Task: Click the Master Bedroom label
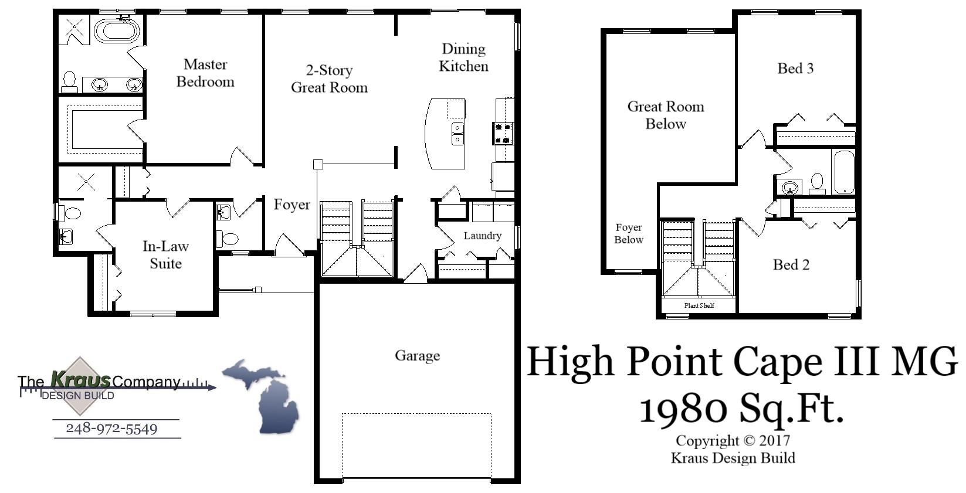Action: (205, 73)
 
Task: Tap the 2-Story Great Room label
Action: (329, 79)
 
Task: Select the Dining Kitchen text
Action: (463, 57)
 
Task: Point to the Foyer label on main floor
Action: (292, 205)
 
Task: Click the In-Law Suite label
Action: (165, 254)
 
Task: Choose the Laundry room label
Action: (482, 236)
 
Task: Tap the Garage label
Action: (417, 355)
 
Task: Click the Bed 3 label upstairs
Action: (795, 69)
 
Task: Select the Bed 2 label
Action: (791, 265)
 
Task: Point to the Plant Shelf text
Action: (699, 305)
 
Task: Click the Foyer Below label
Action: (628, 233)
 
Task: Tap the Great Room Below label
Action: (666, 115)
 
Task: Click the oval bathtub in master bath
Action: (117, 30)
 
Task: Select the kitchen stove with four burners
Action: (503, 133)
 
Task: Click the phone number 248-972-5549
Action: (111, 429)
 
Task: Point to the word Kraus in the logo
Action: (80, 380)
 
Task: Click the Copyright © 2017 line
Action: (733, 441)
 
